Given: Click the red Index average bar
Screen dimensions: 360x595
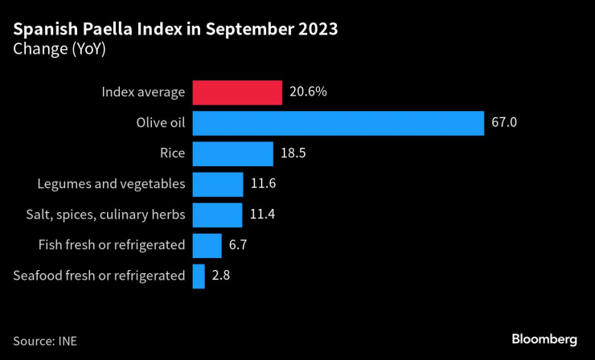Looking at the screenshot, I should click(237, 92).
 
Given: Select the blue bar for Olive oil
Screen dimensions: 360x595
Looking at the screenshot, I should click(338, 123).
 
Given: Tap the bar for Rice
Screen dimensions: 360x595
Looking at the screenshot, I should click(233, 153).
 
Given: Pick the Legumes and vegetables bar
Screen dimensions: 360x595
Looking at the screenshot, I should click(218, 184).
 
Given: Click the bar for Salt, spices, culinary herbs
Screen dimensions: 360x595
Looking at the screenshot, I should click(217, 215).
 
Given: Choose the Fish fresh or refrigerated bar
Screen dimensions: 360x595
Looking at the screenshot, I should click(207, 245).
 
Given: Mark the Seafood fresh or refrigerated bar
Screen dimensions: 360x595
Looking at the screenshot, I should click(199, 276).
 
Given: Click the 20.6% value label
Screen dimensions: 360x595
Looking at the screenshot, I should click(308, 92).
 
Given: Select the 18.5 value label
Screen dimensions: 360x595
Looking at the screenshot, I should click(293, 153).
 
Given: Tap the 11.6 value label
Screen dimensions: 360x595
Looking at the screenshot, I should click(263, 184).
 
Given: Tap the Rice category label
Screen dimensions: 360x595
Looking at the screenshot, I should click(173, 153).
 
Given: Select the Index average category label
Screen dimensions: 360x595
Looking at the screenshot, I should click(143, 92).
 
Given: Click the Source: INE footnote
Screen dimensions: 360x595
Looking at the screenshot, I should click(45, 340).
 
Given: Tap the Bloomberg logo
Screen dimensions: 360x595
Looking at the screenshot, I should click(544, 339).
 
